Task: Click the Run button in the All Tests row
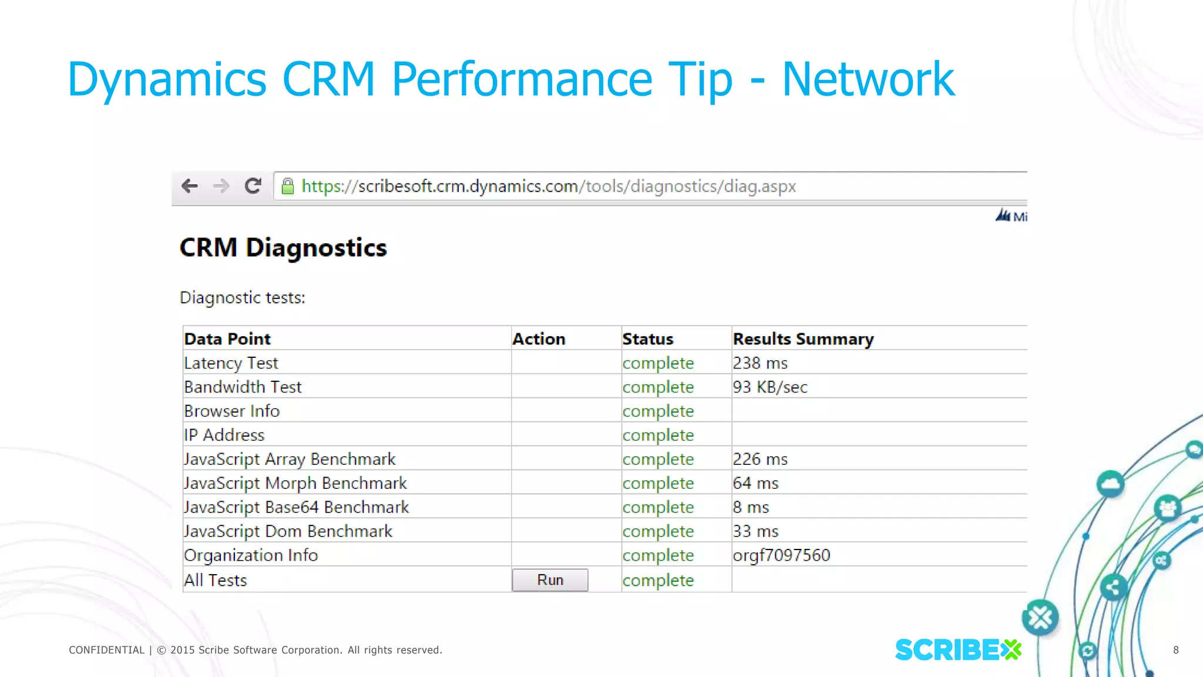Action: pos(550,580)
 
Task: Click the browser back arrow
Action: pos(190,186)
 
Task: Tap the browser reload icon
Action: pos(253,186)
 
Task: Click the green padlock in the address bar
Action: pos(287,186)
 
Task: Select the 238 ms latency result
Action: pos(760,363)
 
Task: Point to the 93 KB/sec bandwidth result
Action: pos(769,387)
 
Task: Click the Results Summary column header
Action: pos(802,339)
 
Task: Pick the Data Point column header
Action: pos(227,339)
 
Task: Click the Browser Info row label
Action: pos(231,411)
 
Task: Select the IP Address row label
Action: pos(224,435)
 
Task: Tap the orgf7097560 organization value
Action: pos(781,555)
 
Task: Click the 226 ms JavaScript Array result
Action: pos(760,460)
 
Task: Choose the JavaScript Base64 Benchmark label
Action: pos(296,507)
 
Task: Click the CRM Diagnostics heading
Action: pos(283,248)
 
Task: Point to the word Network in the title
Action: pos(868,79)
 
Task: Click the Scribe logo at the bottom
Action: pos(957,649)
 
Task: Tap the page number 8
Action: pos(1175,650)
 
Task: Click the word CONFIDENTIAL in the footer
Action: pos(106,650)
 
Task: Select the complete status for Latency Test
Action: pos(658,363)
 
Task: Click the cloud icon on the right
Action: pos(1110,484)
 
